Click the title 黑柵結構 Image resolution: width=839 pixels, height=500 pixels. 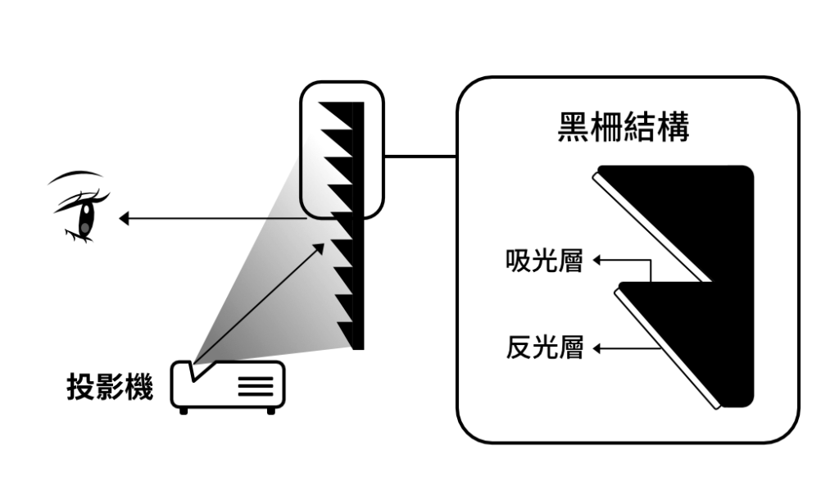click(x=623, y=127)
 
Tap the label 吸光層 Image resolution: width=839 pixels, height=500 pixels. click(x=544, y=261)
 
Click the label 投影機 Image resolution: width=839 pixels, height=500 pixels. click(x=110, y=388)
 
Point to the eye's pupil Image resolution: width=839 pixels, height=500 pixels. click(x=84, y=218)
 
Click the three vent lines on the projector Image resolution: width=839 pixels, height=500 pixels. click(x=256, y=386)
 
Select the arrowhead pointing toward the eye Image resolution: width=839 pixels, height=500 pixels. click(x=125, y=219)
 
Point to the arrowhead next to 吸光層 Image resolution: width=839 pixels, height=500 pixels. click(x=598, y=261)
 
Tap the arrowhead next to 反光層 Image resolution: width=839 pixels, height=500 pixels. click(x=598, y=349)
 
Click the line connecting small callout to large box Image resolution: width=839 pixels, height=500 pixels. click(x=419, y=156)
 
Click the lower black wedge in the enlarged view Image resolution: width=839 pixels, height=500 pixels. click(x=705, y=344)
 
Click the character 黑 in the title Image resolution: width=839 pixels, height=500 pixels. click(x=574, y=127)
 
